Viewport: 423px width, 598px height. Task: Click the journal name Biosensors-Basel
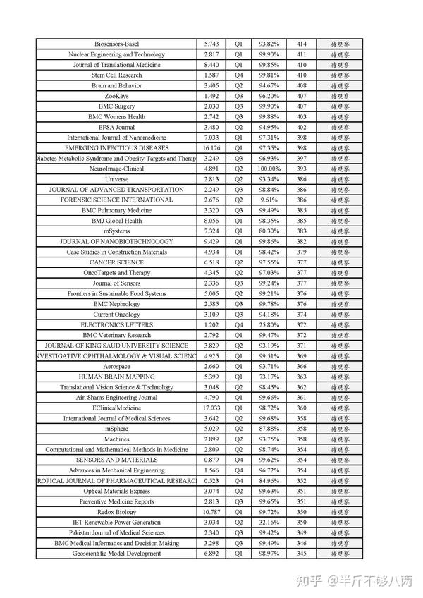[116, 44]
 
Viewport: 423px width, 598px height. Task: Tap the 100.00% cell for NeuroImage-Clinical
[269, 169]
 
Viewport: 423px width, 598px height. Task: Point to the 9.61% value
[269, 200]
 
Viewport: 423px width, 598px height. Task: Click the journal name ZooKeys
[116, 96]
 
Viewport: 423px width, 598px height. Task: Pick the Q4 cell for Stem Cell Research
[238, 75]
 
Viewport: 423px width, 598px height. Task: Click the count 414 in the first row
[302, 44]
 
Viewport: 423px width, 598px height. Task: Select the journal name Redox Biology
[116, 512]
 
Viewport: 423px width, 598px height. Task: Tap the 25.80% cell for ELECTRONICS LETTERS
[269, 324]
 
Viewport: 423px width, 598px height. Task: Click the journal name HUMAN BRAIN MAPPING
[116, 377]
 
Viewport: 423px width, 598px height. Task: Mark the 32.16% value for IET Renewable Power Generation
[269, 523]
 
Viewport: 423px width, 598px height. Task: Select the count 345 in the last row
[302, 554]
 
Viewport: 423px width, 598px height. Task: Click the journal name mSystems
[116, 231]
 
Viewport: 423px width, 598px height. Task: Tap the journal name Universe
[116, 179]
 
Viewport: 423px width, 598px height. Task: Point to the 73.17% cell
[269, 377]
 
